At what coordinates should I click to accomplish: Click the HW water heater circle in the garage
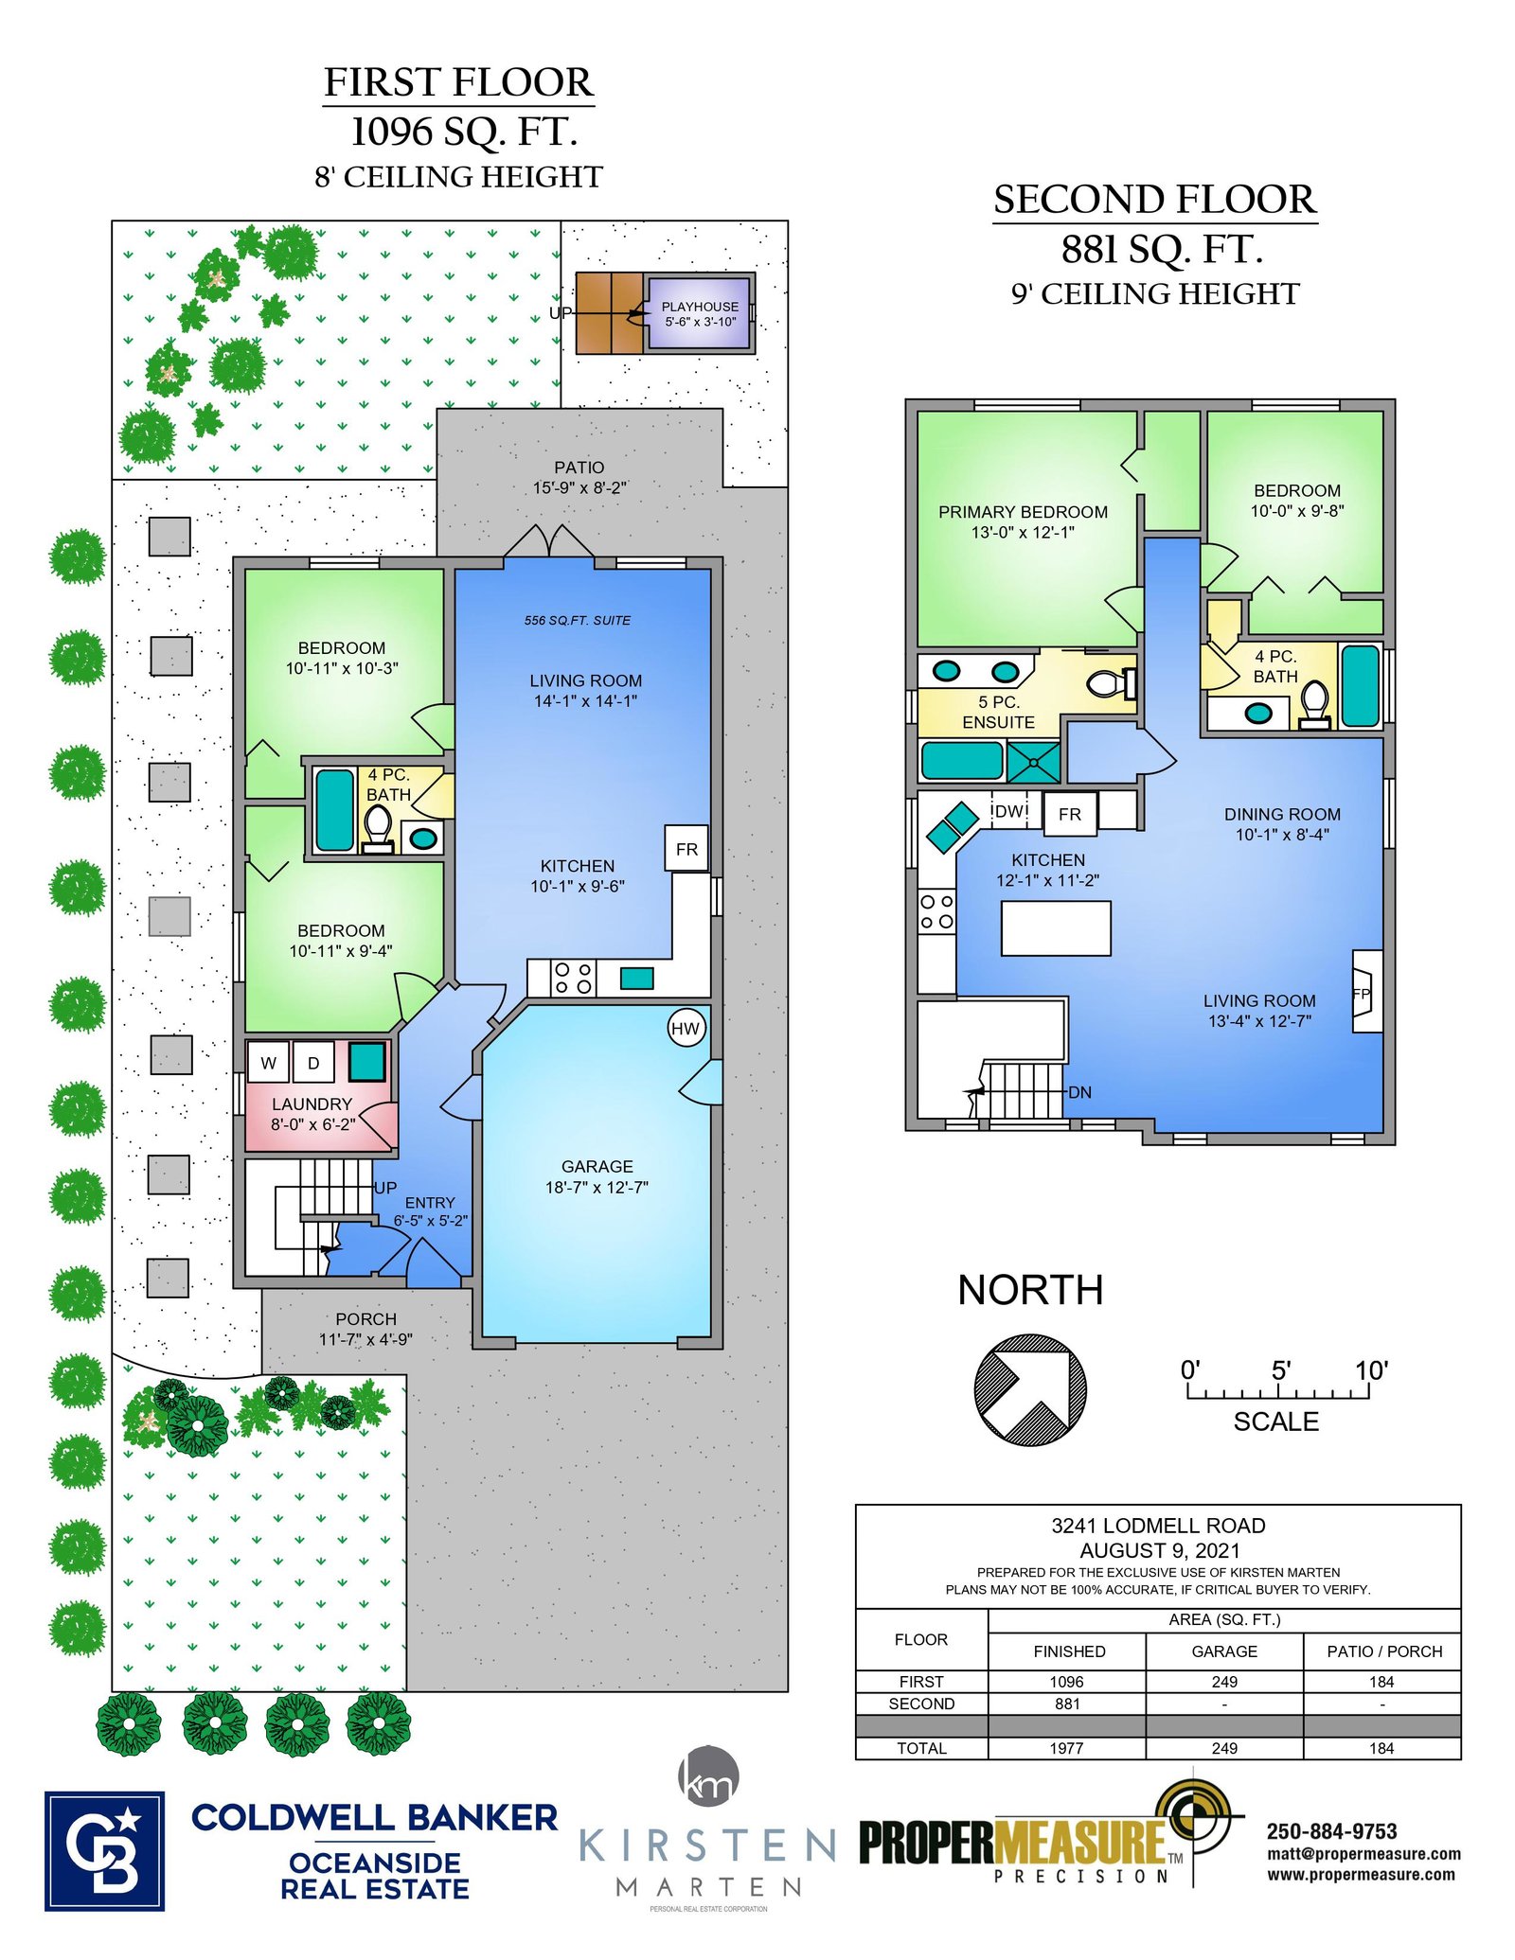686,1029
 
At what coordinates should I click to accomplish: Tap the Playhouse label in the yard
700,307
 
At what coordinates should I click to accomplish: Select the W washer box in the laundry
269,1063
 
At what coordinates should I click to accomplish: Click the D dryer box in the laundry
313,1063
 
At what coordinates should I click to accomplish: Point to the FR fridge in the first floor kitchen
687,849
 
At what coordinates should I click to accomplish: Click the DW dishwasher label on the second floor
1010,811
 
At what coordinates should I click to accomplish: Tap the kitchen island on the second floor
1056,927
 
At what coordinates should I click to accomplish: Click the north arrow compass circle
1030,1389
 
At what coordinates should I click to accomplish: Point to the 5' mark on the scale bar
1280,1370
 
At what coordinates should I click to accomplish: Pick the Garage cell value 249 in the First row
1224,1682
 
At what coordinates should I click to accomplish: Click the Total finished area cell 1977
1066,1748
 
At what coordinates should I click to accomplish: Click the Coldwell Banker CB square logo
104,1851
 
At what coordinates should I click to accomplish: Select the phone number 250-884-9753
1332,1831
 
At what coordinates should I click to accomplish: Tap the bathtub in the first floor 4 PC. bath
334,810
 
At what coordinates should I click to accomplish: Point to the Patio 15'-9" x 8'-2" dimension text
579,487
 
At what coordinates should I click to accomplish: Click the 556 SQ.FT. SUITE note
578,620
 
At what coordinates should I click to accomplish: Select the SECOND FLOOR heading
1154,200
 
